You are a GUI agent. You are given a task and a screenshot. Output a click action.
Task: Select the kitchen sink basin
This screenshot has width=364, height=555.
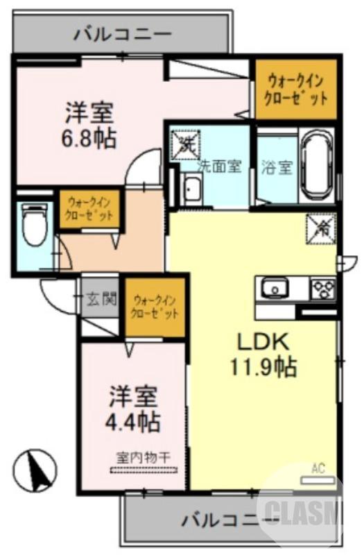[x=274, y=287]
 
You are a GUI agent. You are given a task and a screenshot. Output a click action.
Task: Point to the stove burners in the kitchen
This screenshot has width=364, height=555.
[x=323, y=287]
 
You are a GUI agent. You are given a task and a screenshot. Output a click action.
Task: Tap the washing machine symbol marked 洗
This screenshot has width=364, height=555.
[x=185, y=144]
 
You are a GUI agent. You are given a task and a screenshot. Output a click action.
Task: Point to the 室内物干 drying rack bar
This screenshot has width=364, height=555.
[x=144, y=470]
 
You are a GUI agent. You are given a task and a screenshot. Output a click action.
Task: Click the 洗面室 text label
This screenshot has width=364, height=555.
[x=220, y=166]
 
